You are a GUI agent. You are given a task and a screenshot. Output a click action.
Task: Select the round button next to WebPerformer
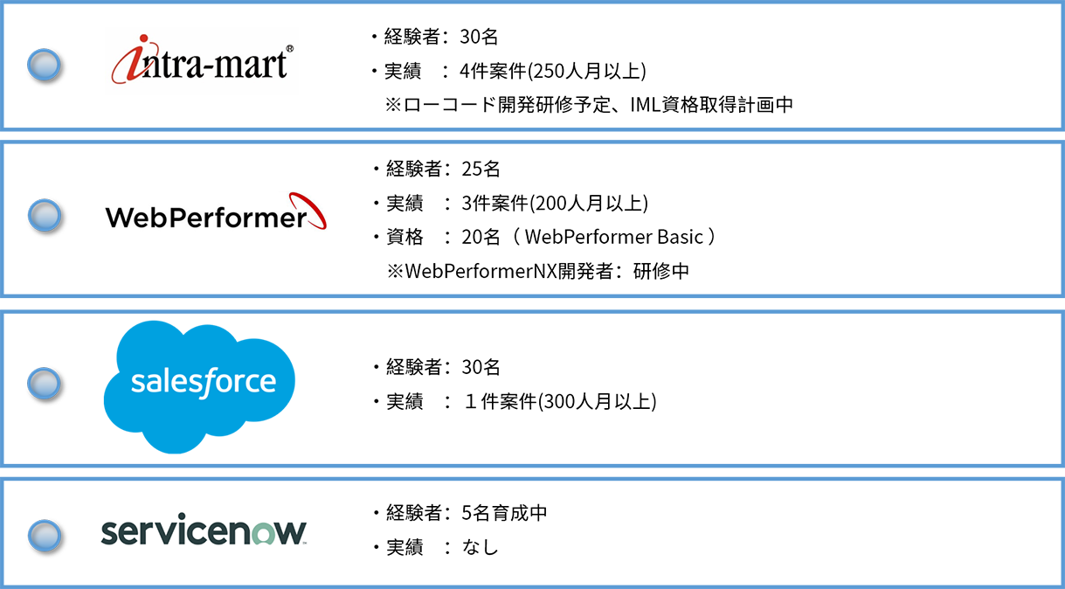[44, 214]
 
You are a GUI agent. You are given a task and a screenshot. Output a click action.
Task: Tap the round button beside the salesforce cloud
[44, 383]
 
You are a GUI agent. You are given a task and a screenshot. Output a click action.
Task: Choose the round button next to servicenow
[44, 532]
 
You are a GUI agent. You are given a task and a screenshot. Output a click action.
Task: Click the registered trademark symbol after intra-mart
[289, 50]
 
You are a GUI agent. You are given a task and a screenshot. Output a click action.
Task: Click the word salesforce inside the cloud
[203, 382]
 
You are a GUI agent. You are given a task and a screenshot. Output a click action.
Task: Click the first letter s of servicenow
[108, 533]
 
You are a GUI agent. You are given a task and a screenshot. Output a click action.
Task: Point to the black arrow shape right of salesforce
[524, 389]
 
